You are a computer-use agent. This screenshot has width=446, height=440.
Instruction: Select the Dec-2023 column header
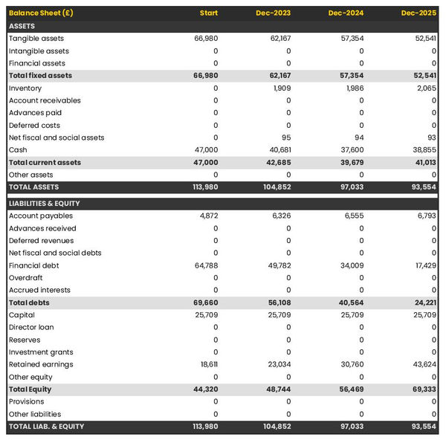(x=274, y=13)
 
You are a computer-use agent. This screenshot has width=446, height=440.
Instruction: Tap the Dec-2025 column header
(x=419, y=13)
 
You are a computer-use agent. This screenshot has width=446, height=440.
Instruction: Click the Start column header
(x=209, y=13)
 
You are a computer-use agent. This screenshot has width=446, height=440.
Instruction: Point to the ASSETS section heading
(x=22, y=26)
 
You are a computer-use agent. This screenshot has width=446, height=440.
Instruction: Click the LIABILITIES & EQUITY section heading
(x=44, y=203)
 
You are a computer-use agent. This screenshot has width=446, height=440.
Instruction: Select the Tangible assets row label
(x=36, y=38)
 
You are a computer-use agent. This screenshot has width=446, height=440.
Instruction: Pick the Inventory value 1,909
(x=282, y=88)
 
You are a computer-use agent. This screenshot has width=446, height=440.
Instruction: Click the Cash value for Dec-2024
(x=352, y=149)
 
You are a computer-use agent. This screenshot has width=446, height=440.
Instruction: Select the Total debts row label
(x=29, y=302)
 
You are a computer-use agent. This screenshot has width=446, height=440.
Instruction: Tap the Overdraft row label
(x=25, y=278)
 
